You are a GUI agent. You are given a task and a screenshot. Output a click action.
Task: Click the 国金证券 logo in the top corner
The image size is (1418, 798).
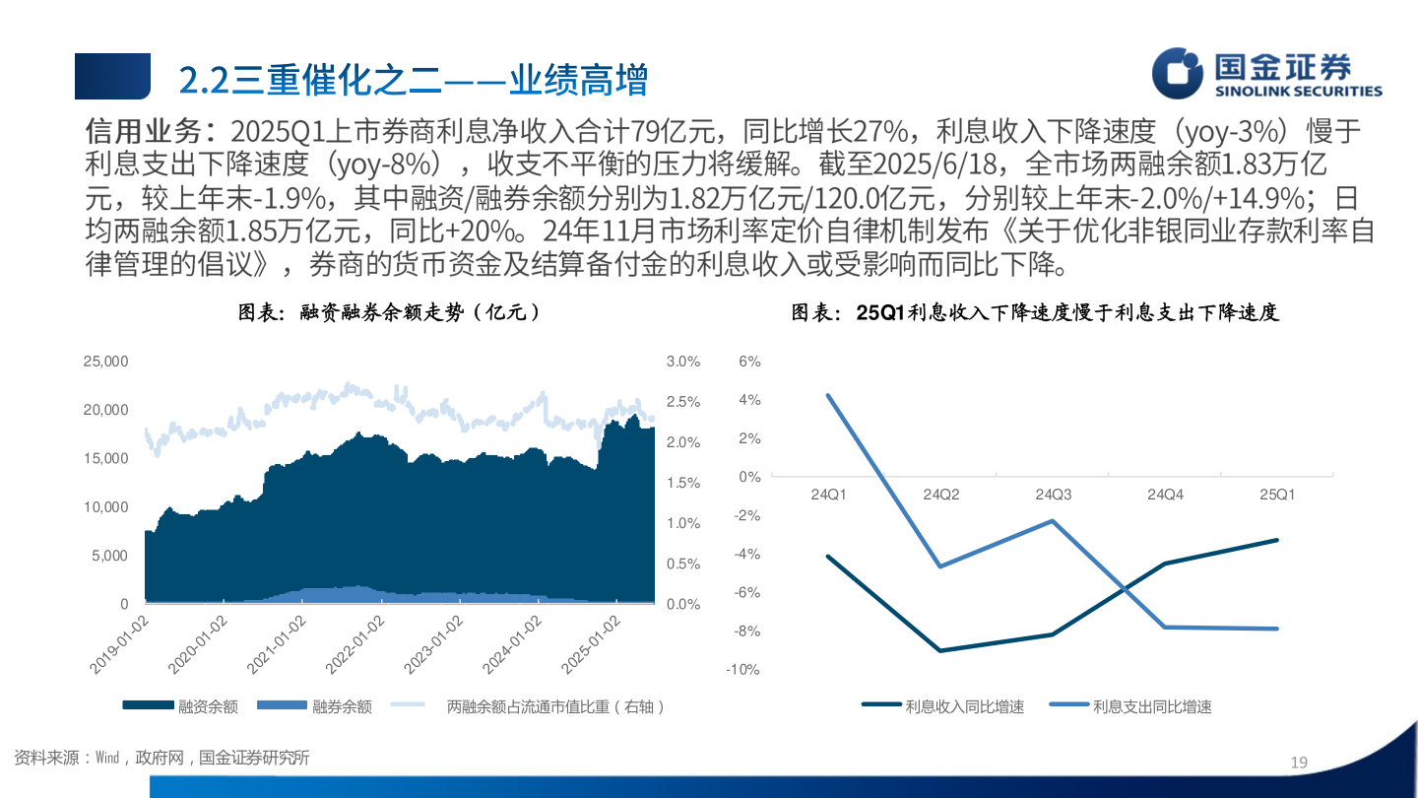coord(1266,75)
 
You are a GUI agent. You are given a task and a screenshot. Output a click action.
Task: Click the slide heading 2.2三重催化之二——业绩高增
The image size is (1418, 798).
coord(414,80)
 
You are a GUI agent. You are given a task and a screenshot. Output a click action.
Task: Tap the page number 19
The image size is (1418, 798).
coord(1299,763)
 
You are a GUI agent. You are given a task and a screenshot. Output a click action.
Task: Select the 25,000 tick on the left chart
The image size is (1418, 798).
coord(103,363)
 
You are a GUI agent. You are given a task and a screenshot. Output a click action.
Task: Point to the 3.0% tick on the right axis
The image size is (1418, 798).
coord(683,363)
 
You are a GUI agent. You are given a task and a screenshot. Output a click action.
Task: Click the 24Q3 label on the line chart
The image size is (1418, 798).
coord(1053,494)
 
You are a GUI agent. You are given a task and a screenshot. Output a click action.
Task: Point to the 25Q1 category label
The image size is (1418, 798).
coord(1278,494)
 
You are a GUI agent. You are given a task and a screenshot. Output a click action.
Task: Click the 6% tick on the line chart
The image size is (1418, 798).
coord(750,363)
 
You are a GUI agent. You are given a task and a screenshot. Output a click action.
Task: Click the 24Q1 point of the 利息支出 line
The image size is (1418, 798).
coord(828,395)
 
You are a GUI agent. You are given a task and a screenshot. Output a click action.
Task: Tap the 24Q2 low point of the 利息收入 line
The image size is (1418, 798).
coord(940,650)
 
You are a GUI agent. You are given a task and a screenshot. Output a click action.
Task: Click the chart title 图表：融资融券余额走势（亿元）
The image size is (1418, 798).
coord(390,313)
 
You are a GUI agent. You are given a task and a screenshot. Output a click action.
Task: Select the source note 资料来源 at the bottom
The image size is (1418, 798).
coord(161,758)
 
